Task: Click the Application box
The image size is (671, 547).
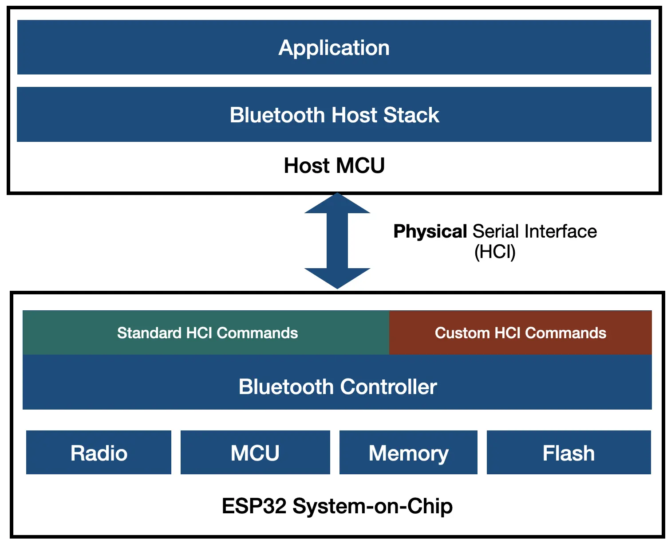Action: [334, 47]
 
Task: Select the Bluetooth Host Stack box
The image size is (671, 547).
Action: [334, 115]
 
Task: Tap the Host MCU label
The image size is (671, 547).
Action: [334, 166]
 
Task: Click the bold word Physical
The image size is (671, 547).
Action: [430, 232]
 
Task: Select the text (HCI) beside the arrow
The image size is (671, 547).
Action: [495, 252]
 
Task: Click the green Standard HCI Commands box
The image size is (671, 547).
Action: [207, 333]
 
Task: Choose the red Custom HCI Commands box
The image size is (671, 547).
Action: [520, 333]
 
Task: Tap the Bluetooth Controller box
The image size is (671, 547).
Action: [337, 387]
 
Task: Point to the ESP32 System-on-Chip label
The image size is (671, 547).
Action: [337, 506]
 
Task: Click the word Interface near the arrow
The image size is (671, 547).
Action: [560, 232]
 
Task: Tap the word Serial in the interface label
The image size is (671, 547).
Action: [496, 232]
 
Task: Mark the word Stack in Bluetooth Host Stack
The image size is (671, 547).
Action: [411, 115]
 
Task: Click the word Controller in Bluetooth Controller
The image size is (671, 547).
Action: [388, 387]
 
